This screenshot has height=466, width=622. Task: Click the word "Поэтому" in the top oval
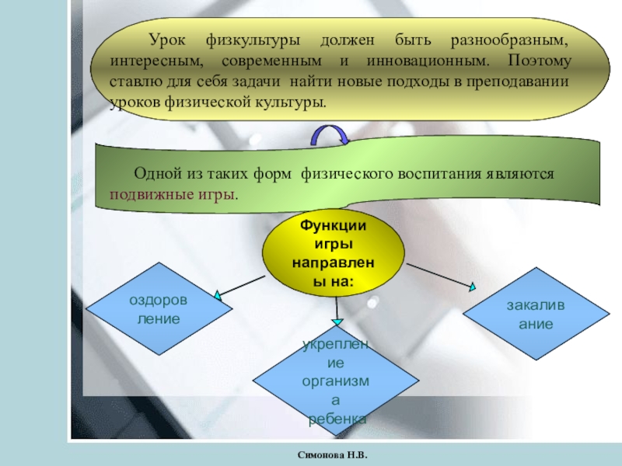(539, 60)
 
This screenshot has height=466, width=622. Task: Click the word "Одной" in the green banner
(158, 174)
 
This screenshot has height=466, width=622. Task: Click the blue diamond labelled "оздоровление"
(158, 309)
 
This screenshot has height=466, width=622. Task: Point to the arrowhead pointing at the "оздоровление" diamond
(220, 296)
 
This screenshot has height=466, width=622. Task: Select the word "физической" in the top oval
(204, 102)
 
